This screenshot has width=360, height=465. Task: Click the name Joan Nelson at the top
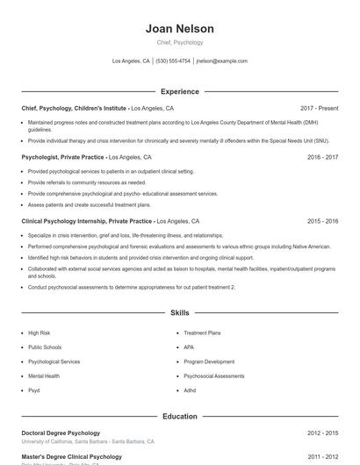click(179, 29)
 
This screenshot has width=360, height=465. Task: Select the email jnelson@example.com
click(221, 61)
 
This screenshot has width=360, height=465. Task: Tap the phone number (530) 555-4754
click(174, 61)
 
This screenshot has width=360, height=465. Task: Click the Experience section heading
click(179, 91)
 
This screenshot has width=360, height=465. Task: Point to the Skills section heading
click(179, 312)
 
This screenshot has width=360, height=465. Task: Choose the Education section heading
click(179, 416)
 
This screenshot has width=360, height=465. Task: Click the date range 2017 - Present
click(319, 108)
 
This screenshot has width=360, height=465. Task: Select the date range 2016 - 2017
click(322, 157)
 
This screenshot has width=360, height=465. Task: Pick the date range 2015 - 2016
click(322, 222)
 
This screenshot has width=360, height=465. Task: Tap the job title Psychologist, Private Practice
click(62, 157)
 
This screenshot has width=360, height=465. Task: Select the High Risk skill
click(39, 333)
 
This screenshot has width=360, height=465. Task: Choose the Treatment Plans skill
click(202, 333)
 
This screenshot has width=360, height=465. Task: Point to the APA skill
click(189, 347)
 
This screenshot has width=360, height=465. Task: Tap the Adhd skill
click(190, 390)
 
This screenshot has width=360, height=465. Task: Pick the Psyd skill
click(34, 390)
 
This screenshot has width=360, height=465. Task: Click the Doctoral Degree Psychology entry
click(61, 433)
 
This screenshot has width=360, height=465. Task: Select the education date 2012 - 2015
click(322, 433)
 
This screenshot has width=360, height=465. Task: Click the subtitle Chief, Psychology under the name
click(179, 42)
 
